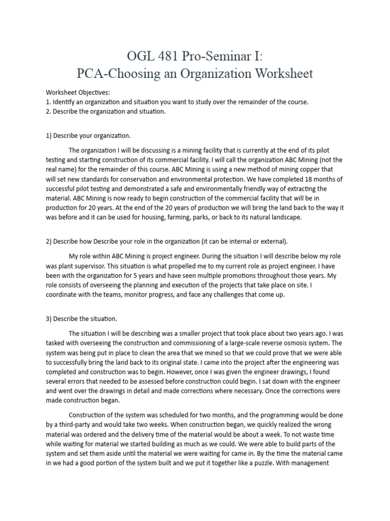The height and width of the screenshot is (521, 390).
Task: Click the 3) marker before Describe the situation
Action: coord(49,319)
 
